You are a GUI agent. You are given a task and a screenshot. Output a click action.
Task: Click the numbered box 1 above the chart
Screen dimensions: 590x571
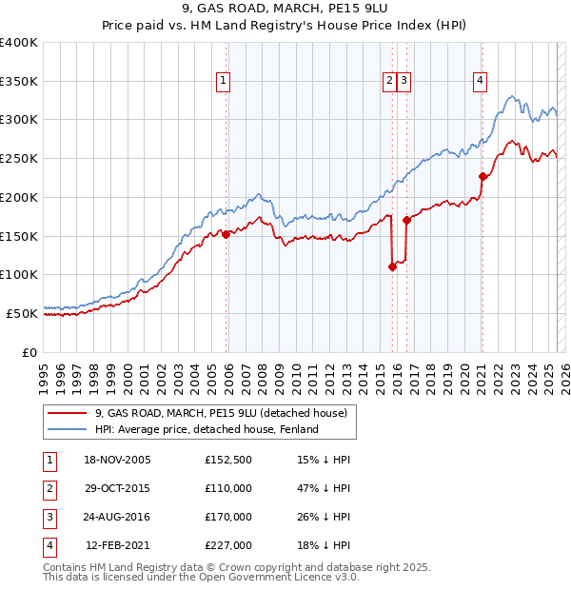222,82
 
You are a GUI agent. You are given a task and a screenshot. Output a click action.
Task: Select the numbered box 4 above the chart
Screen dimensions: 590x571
481,82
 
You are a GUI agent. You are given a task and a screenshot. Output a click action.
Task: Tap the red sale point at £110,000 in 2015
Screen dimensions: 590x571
392,267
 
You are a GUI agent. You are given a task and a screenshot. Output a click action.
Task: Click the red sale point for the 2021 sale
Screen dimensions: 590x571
482,176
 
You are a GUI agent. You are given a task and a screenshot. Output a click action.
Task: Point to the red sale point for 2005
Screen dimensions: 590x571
226,234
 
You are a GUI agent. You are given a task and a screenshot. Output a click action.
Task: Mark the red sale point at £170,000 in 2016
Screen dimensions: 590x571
406,220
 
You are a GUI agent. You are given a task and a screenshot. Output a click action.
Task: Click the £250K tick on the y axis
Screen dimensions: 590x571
18,158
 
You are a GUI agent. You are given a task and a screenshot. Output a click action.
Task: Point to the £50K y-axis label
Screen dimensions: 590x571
22,313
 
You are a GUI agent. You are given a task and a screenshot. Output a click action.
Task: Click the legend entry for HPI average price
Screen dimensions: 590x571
206,429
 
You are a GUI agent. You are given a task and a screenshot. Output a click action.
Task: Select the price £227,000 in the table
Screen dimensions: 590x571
228,545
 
